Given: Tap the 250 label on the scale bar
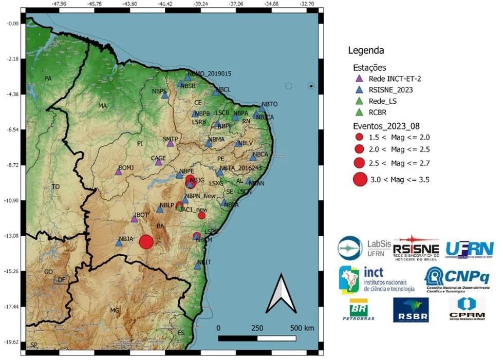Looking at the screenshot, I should [257, 328].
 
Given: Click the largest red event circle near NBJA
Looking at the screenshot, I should [146, 242].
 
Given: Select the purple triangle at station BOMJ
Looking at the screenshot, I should [118, 172].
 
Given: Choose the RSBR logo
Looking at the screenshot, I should [411, 310].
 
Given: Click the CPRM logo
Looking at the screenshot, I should [467, 309].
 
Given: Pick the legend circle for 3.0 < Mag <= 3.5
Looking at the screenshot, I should [360, 179].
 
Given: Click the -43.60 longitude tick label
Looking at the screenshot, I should [130, 4].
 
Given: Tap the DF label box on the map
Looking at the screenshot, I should [61, 280].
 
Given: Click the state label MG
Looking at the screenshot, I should [115, 311].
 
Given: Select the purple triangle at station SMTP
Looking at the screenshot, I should [170, 143].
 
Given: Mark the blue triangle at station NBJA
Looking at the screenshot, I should [119, 243].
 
